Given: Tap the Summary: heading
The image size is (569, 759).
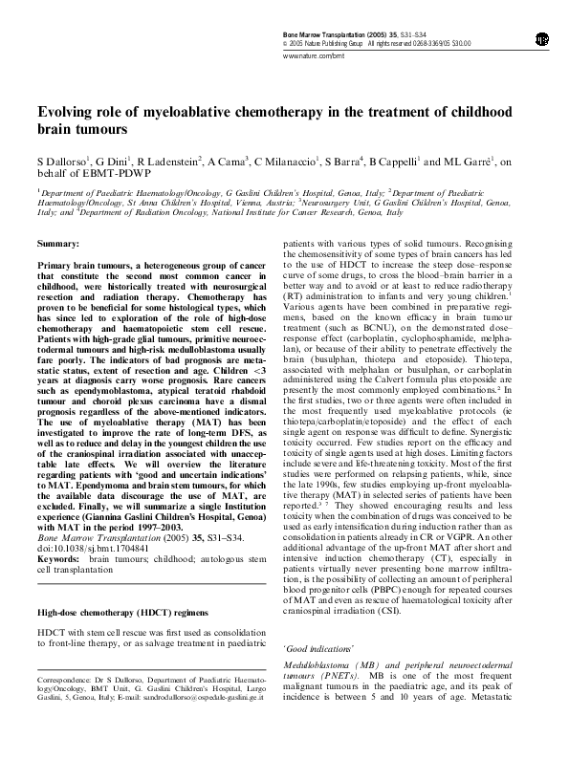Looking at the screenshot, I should (58, 244).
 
